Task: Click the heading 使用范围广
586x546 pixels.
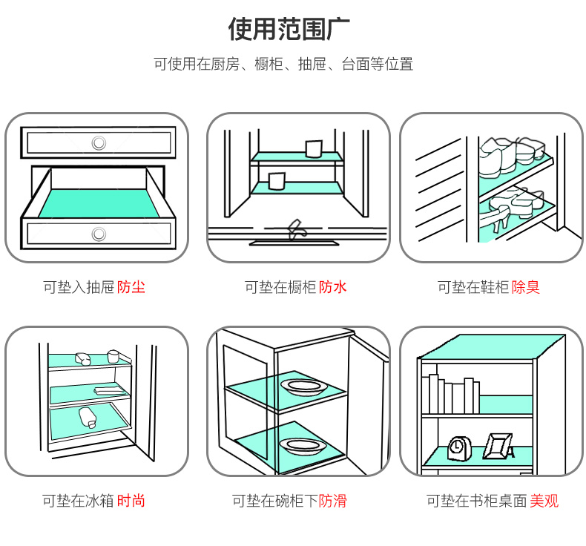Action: [289, 29]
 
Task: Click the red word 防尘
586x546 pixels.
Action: [131, 287]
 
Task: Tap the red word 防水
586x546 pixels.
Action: [333, 287]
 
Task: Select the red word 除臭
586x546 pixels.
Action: [526, 287]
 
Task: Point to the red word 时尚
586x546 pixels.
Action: [131, 501]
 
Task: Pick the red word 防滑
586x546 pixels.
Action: [333, 501]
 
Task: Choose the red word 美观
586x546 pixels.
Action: [544, 501]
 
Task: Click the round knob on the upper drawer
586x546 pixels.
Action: [99, 142]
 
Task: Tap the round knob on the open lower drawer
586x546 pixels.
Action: [99, 234]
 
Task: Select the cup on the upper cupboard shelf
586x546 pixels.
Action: [312, 148]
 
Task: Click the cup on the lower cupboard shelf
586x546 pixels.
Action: [277, 181]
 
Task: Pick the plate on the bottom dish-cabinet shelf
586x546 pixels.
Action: [304, 445]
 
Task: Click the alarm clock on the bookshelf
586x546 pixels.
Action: [458, 447]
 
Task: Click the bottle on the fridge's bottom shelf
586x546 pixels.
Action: [87, 417]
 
